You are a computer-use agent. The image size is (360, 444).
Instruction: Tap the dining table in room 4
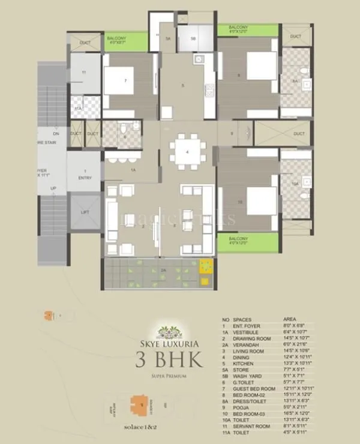188,152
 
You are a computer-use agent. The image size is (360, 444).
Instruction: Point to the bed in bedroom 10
260,200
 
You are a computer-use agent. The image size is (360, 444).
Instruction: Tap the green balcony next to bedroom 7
125,41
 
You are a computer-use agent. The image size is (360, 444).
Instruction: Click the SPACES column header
242,320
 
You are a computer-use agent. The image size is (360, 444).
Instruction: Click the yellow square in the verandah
206,265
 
